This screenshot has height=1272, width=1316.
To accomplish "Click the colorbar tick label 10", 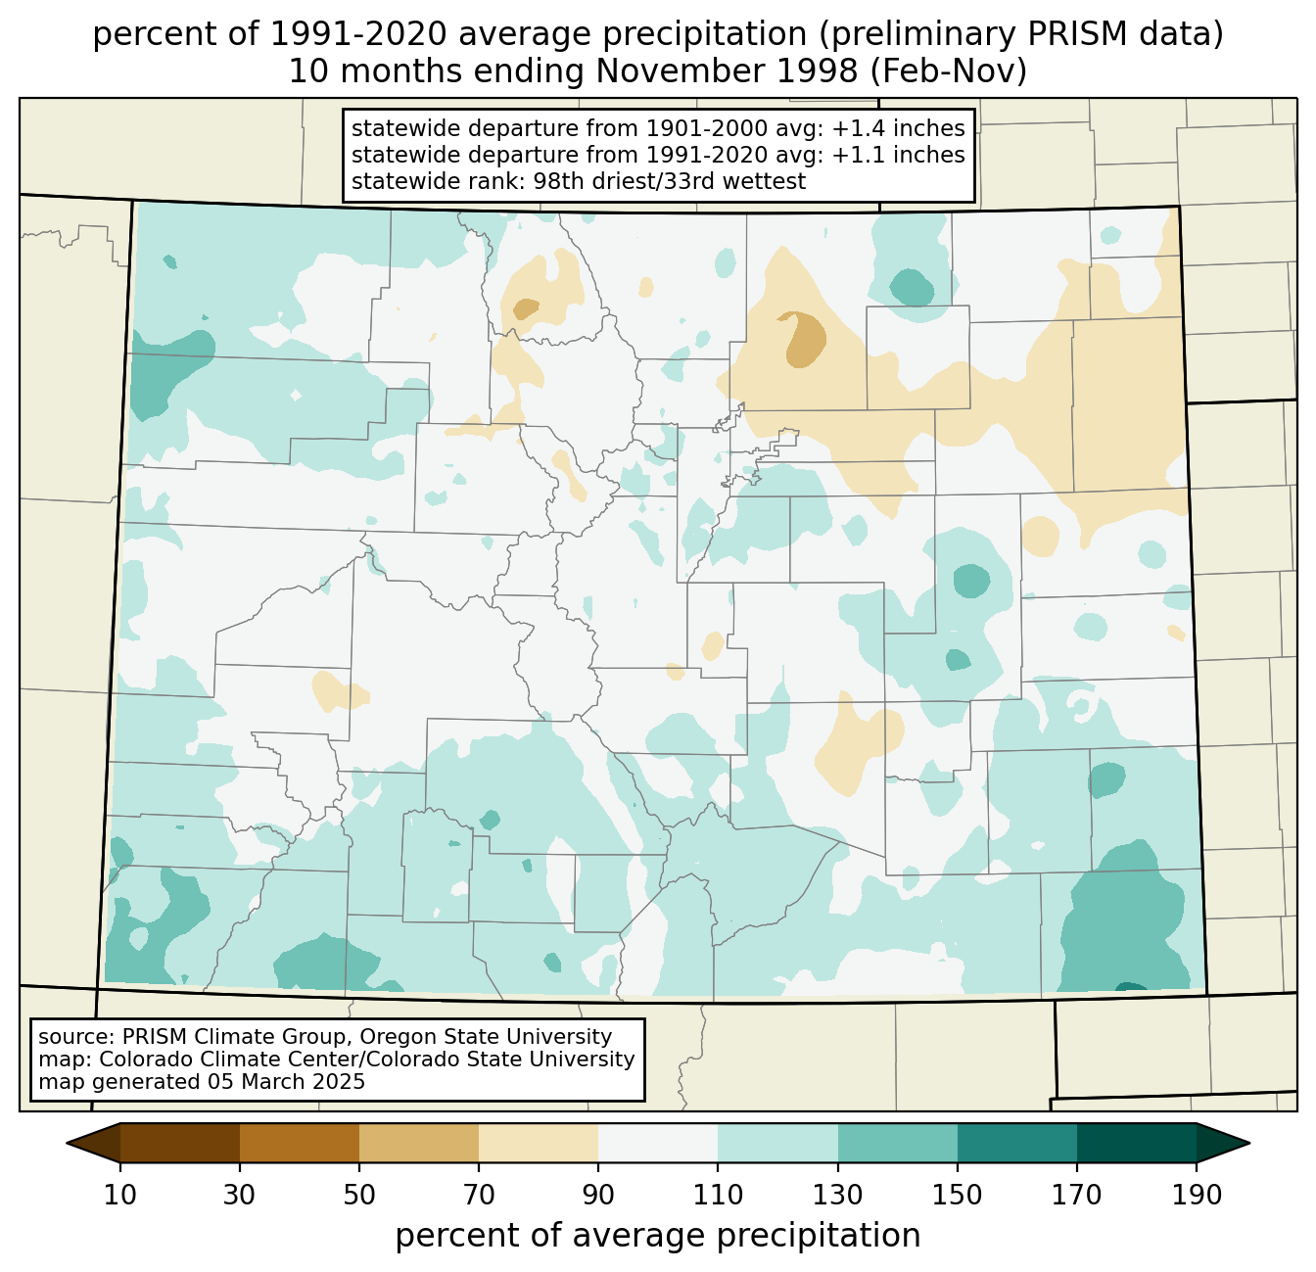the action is point(119,1195).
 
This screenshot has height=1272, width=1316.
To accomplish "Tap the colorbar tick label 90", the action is point(598,1195).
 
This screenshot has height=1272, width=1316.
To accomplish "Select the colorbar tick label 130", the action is point(838,1195).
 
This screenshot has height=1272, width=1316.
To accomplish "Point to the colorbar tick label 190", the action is point(1197,1195).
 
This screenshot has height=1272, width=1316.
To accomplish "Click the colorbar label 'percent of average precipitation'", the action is point(657,1236).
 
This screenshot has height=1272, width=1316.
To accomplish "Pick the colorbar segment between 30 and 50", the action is point(299,1143).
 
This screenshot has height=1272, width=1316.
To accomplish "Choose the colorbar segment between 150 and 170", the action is point(1017,1143).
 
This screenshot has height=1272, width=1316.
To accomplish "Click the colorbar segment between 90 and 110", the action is point(658,1143).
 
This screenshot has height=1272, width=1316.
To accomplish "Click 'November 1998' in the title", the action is point(727,71).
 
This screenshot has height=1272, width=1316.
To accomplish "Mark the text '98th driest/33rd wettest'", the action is point(670,181).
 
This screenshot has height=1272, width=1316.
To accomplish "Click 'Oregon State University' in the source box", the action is point(486,1037).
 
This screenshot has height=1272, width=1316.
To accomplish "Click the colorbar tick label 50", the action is point(359,1195).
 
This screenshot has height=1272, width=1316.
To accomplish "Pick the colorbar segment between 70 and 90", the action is point(539,1143).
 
